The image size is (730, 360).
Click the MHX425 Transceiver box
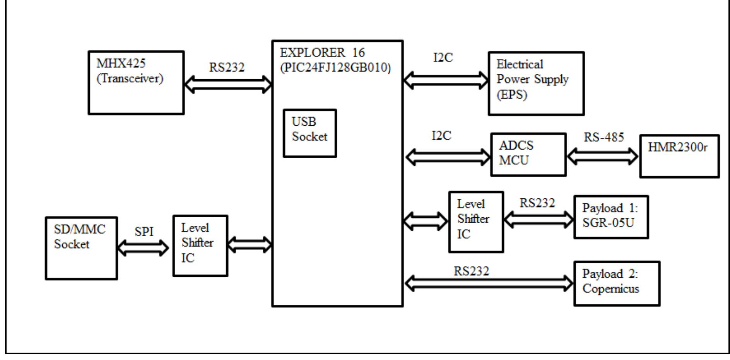click(136, 83)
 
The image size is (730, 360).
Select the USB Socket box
click(309, 133)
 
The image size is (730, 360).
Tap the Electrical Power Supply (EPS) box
click(536, 84)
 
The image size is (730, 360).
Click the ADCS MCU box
click(528, 155)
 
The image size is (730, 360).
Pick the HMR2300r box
click(679, 156)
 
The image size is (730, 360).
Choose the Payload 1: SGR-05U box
click(611, 217)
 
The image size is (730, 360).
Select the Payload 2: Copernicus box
click(617, 283)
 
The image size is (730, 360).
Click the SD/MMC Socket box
click(81, 248)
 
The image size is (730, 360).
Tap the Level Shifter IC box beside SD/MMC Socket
click(200, 246)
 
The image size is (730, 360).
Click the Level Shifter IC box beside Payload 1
click(476, 222)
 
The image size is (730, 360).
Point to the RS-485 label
click(603, 137)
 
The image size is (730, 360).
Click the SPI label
click(144, 232)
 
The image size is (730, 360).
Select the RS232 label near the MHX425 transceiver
click(227, 68)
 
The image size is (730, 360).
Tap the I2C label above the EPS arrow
click(443, 58)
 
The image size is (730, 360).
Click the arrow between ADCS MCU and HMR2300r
click(603, 157)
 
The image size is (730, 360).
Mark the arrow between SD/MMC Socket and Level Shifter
click(143, 247)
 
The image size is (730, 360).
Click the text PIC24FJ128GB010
click(335, 68)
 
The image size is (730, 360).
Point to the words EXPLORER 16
click(322, 53)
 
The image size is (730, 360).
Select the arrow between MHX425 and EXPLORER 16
click(228, 84)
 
